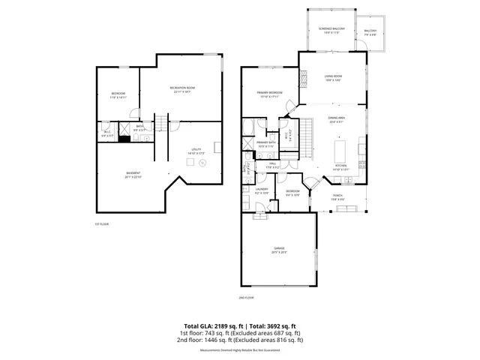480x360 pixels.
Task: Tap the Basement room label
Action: (x=132, y=175)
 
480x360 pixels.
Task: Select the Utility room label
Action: (x=196, y=151)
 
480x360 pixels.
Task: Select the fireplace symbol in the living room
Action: (x=304, y=77)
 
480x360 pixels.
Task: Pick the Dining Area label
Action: (x=337, y=119)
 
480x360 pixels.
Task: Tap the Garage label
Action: (x=279, y=250)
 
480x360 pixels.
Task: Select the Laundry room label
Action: (x=262, y=191)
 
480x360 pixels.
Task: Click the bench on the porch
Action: (x=346, y=208)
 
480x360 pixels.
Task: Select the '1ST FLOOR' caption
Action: (x=102, y=223)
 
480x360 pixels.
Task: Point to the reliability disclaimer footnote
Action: (x=240, y=349)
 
